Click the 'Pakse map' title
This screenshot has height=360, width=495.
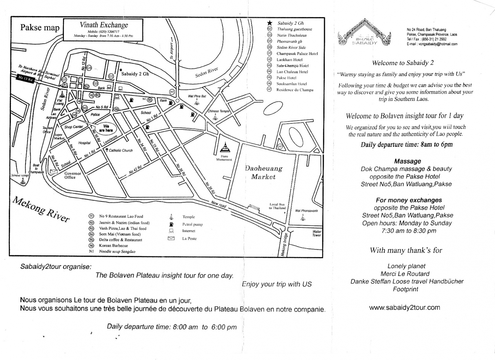tap(40, 28)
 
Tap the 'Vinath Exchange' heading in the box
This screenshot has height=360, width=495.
tap(104, 25)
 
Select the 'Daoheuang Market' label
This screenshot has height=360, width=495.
tap(263, 173)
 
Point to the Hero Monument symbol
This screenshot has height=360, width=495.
tap(224, 147)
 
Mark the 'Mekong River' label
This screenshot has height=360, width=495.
tap(41, 209)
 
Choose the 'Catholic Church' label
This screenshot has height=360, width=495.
tap(120, 150)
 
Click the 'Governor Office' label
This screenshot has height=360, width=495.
tap(73, 176)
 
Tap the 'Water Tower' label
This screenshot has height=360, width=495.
tap(316, 234)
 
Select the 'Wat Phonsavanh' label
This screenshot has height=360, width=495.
tap(306, 211)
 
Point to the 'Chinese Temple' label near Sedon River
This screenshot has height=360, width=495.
tap(219, 111)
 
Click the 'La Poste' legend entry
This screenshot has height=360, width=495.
tap(189, 239)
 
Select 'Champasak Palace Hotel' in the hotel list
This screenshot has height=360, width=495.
tap(297, 53)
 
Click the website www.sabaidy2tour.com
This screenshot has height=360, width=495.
tap(405, 308)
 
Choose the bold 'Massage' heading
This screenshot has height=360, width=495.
tap(408, 161)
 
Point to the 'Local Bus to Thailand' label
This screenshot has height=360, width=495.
tap(277, 206)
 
